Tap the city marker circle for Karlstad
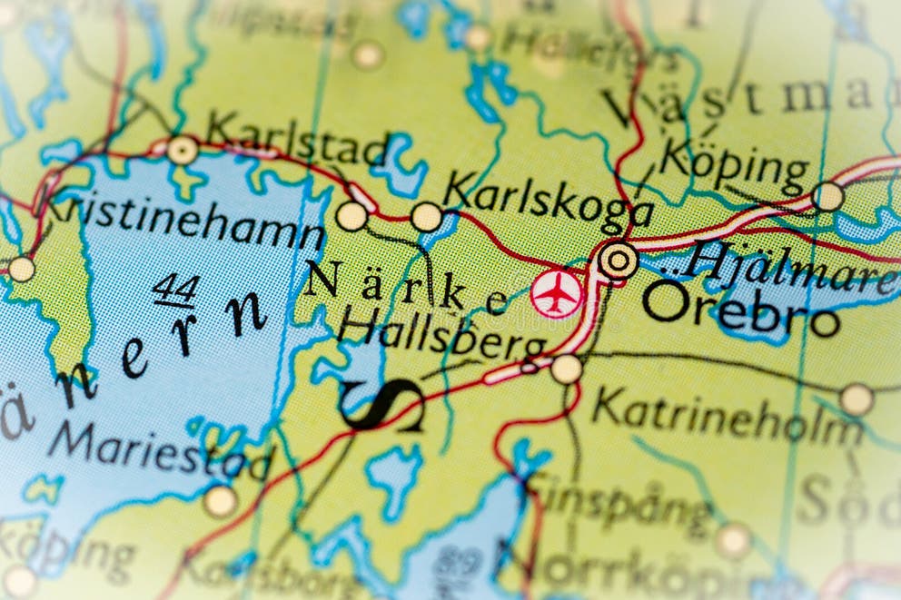tap(183, 150)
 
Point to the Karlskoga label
tap(548, 200)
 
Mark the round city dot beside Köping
tap(827, 196)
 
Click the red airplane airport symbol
tap(556, 294)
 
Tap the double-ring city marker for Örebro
tap(619, 261)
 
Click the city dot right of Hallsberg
tap(566, 369)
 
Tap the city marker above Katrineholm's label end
tap(856, 398)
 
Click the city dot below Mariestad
tap(220, 500)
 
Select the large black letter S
tap(382, 405)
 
